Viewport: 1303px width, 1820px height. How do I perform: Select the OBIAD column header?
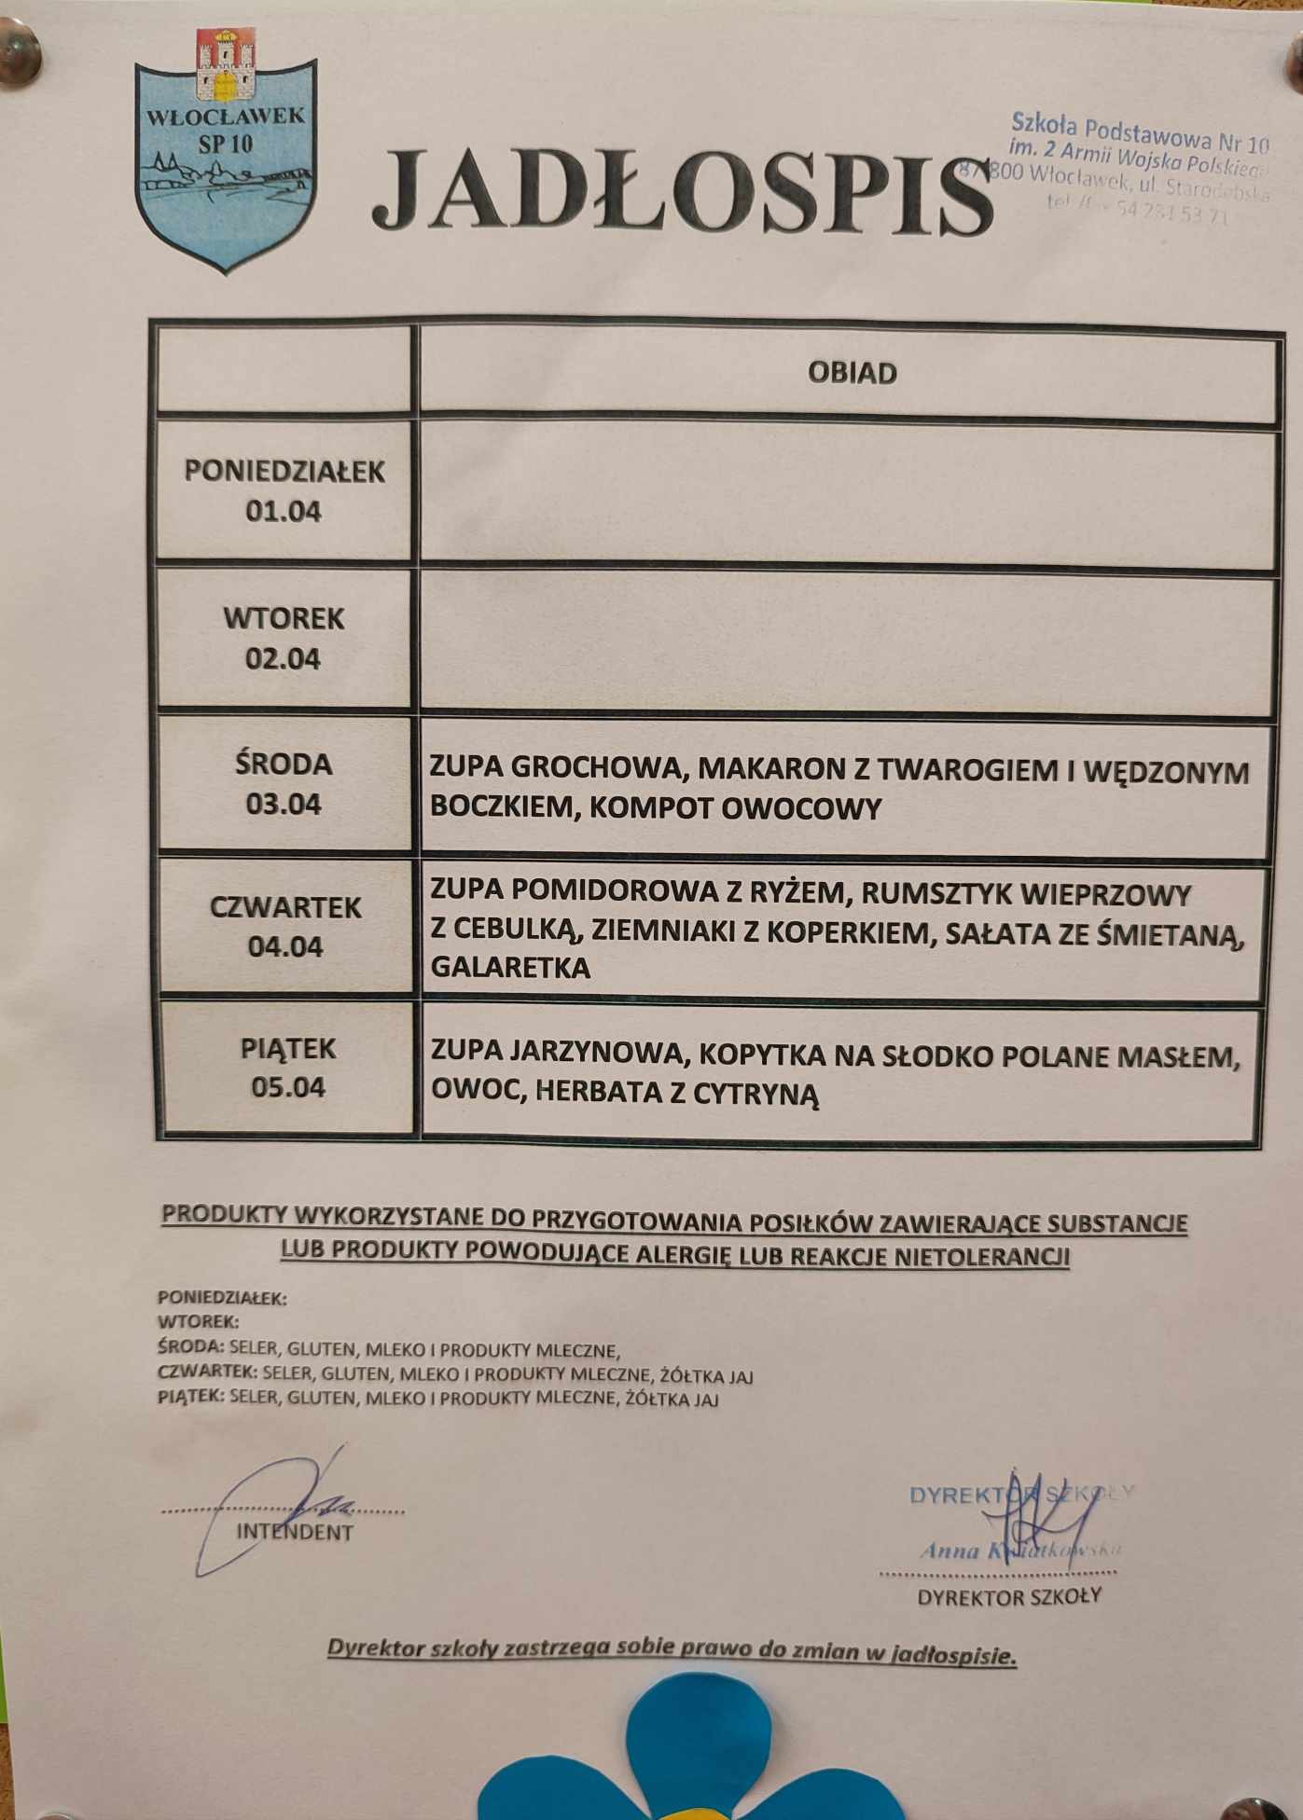852,373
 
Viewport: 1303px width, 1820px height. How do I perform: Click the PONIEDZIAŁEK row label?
284,472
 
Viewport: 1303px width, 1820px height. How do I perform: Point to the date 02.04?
283,659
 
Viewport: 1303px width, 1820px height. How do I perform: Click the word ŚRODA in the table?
284,764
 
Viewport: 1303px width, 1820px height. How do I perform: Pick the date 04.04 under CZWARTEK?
285,947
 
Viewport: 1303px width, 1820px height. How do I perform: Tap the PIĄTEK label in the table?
287,1049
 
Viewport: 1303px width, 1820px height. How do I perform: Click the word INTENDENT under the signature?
295,1532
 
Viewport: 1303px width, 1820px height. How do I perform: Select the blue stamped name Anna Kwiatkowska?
1019,1551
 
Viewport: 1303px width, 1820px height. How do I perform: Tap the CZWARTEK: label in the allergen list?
207,1373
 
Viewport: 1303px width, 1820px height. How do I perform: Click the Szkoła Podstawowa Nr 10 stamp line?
1140,131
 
